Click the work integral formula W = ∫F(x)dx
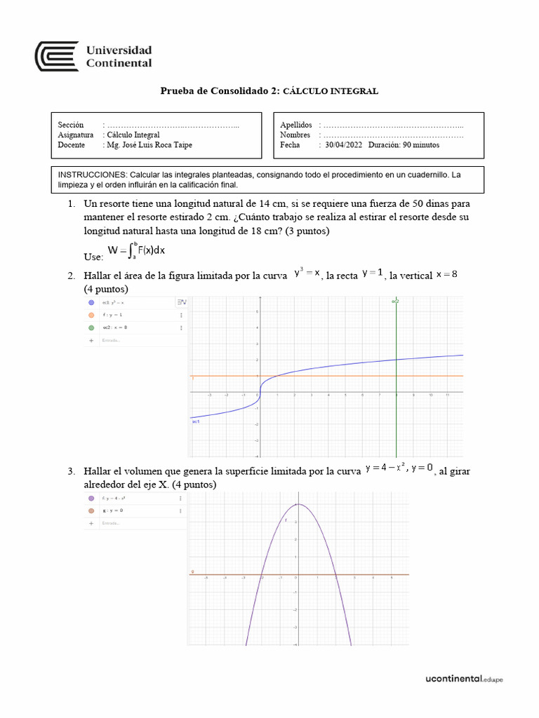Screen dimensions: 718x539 click(136, 250)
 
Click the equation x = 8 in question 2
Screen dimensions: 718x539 click(446, 273)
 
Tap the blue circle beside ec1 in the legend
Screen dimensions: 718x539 click(91, 303)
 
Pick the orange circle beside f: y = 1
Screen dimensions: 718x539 click(91, 316)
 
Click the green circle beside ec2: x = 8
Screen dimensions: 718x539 click(91, 327)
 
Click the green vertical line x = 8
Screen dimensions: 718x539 click(397, 407)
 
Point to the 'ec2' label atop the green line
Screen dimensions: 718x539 click(395, 302)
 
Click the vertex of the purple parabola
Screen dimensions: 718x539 click(298, 504)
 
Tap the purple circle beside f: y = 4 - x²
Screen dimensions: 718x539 click(91, 499)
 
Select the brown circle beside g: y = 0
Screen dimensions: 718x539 click(91, 510)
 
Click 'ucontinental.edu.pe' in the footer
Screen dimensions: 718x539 click(465, 679)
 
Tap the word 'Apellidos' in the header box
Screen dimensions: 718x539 click(295, 125)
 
